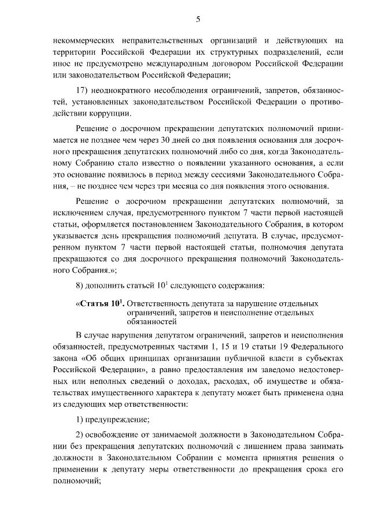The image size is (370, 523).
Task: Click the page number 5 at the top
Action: click(198, 19)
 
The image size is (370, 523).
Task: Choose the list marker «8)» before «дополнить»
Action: click(80, 285)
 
